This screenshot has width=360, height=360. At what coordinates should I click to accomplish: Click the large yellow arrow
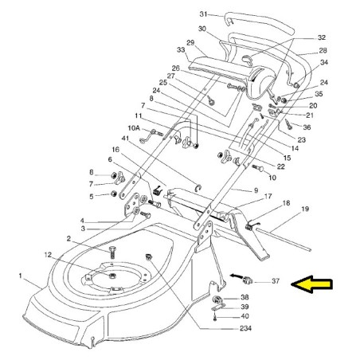pyautogui.click(x=311, y=284)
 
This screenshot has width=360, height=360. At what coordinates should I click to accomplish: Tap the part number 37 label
pyautogui.click(x=276, y=280)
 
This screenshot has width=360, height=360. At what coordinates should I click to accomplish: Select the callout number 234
pyautogui.click(x=245, y=328)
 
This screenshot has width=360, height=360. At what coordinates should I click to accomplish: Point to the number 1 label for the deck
pyautogui.click(x=20, y=276)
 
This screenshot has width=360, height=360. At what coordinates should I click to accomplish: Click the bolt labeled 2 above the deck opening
pyautogui.click(x=112, y=252)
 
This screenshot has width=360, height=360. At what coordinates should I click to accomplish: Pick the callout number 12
pyautogui.click(x=48, y=255)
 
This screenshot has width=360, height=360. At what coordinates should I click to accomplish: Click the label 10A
pyautogui.click(x=134, y=128)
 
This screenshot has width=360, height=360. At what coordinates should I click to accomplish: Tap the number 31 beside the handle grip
pyautogui.click(x=203, y=14)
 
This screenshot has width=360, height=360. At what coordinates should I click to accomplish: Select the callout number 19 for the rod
pyautogui.click(x=305, y=209)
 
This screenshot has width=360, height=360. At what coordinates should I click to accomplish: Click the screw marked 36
pyautogui.click(x=288, y=124)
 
